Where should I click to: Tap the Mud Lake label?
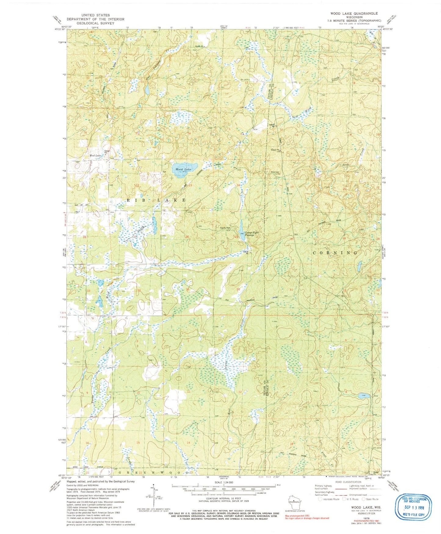(95, 156)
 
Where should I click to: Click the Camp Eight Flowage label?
(251, 234)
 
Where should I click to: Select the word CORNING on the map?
(335, 253)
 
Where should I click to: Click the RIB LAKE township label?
(156, 200)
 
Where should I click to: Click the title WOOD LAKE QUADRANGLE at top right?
(354, 13)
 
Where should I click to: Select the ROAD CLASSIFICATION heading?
(346, 482)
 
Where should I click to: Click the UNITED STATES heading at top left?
(95, 15)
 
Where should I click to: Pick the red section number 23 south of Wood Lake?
(190, 185)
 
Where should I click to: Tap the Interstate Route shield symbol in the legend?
(320, 499)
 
